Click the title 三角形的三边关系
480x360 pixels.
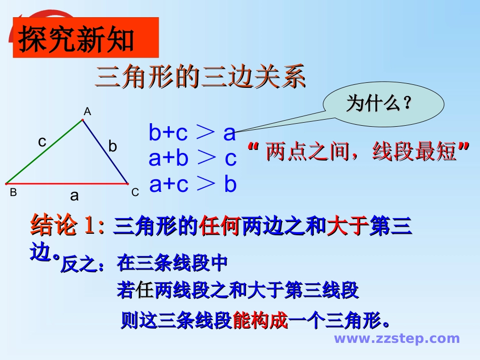(200, 78)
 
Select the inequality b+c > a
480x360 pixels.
(193, 133)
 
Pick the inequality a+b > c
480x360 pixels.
(193, 159)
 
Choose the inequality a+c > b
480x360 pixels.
(193, 185)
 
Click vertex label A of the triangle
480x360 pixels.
(87, 112)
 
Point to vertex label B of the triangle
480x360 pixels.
(13, 192)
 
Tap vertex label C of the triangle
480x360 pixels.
(135, 192)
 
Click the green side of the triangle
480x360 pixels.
(44, 151)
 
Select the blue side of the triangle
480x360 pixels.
(105, 151)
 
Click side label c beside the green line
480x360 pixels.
(42, 142)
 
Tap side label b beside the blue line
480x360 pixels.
(113, 146)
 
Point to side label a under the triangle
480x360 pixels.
(74, 196)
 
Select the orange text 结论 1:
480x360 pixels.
(67, 226)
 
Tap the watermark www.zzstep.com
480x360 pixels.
(397, 339)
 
